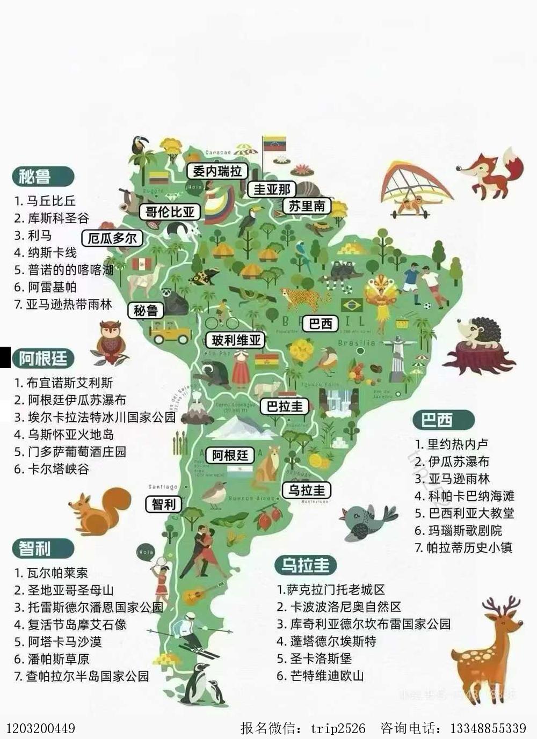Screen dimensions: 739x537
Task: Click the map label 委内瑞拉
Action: (217, 171)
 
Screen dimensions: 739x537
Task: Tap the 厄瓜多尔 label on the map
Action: (112, 238)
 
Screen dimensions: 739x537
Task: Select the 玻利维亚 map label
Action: (236, 340)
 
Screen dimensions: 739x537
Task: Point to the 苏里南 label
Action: (307, 206)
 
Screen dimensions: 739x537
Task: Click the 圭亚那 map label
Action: (272, 189)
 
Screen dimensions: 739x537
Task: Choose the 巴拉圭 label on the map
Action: (285, 406)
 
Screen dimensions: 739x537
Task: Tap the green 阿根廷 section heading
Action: (43, 358)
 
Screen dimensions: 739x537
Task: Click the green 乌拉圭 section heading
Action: (305, 565)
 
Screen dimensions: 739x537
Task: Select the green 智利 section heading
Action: (35, 548)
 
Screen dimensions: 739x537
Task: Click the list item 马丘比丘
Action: (51, 201)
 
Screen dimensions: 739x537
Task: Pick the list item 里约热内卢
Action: (458, 444)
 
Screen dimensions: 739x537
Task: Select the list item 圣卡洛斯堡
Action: (321, 658)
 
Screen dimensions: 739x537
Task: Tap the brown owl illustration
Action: (111, 342)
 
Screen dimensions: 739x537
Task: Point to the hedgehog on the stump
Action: (478, 343)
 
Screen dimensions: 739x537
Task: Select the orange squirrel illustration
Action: (99, 510)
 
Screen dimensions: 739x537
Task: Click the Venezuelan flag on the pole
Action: (274, 144)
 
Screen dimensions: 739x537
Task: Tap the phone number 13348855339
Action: (488, 728)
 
